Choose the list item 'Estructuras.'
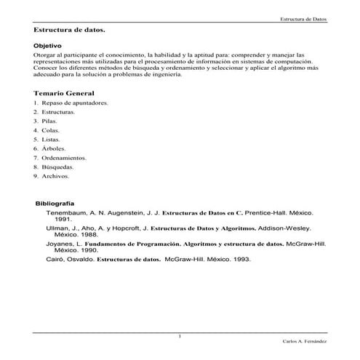(59, 113)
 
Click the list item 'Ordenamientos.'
(64, 158)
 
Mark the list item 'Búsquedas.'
(58, 167)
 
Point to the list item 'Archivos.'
(56, 176)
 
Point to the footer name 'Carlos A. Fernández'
(304, 340)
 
